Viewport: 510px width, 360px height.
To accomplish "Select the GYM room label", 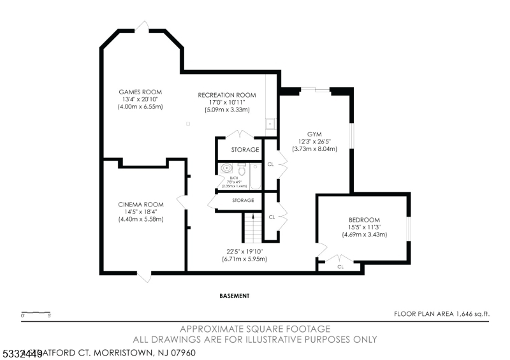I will click(x=314, y=134).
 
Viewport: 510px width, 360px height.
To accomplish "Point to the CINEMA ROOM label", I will click(x=141, y=205).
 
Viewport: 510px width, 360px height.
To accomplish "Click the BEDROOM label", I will click(x=364, y=219).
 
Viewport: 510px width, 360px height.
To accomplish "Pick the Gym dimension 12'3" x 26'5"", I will click(x=315, y=141).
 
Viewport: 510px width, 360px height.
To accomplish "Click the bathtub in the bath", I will click(x=255, y=177).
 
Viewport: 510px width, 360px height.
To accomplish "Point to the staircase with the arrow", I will click(x=252, y=227).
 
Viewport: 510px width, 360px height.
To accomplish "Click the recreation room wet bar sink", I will click(x=270, y=123).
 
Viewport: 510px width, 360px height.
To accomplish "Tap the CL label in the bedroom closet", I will click(x=340, y=266).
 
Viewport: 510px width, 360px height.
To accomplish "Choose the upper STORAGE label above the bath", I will click(x=245, y=150).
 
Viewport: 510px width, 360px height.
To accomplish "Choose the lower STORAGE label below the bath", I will click(x=243, y=200).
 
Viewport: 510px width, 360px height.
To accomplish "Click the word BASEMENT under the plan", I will click(x=234, y=296).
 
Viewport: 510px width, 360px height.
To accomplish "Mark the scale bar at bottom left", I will click(x=36, y=313).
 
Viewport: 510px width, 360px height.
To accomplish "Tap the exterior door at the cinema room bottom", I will click(x=147, y=277).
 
